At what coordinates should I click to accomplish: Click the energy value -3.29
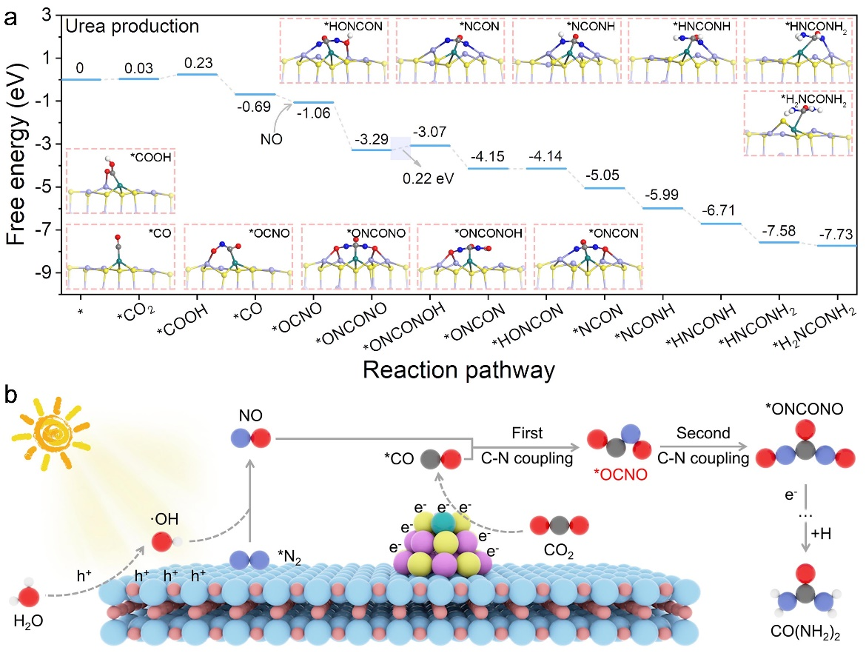point(372,139)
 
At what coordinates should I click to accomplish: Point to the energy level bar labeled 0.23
point(197,74)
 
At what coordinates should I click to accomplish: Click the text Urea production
point(132,27)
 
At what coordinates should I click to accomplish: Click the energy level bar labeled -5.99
point(662,208)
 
